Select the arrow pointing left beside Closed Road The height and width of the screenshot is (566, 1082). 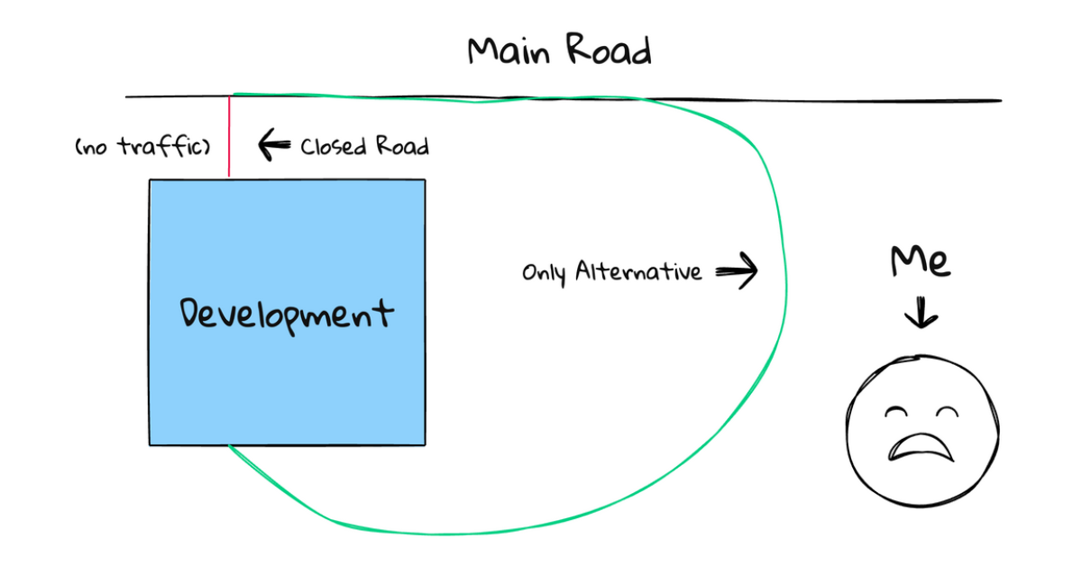273,143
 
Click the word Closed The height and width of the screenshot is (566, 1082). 330,146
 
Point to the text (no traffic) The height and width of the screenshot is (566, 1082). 142,145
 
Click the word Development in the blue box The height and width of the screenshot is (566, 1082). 287,315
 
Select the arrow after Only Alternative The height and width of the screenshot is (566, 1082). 737,270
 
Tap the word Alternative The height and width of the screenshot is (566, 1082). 639,270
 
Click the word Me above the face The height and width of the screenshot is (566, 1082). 920,261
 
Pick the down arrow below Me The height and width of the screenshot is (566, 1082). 921,314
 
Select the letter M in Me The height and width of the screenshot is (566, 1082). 906,260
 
